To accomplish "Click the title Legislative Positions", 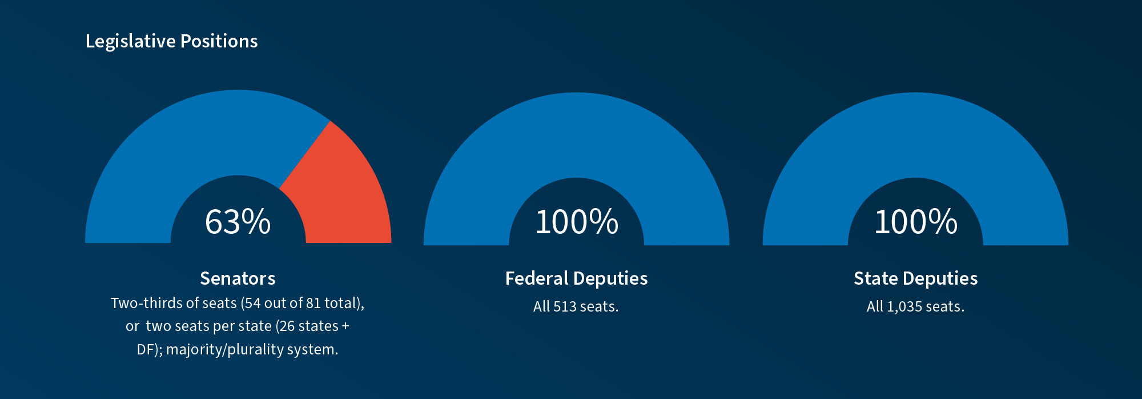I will click(x=171, y=41).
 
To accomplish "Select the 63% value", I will click(x=238, y=222).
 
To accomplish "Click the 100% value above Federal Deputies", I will click(x=577, y=222).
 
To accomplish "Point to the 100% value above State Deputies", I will click(x=916, y=222).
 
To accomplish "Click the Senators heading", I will click(x=238, y=278).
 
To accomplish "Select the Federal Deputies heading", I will click(x=577, y=278).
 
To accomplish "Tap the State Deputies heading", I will click(x=915, y=278).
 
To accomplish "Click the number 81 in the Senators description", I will click(x=313, y=303).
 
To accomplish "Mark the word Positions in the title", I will click(x=219, y=41).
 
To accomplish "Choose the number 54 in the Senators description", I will click(x=253, y=303).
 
